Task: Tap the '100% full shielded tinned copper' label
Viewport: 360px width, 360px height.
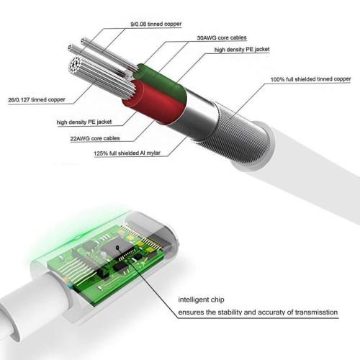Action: click(311, 79)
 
